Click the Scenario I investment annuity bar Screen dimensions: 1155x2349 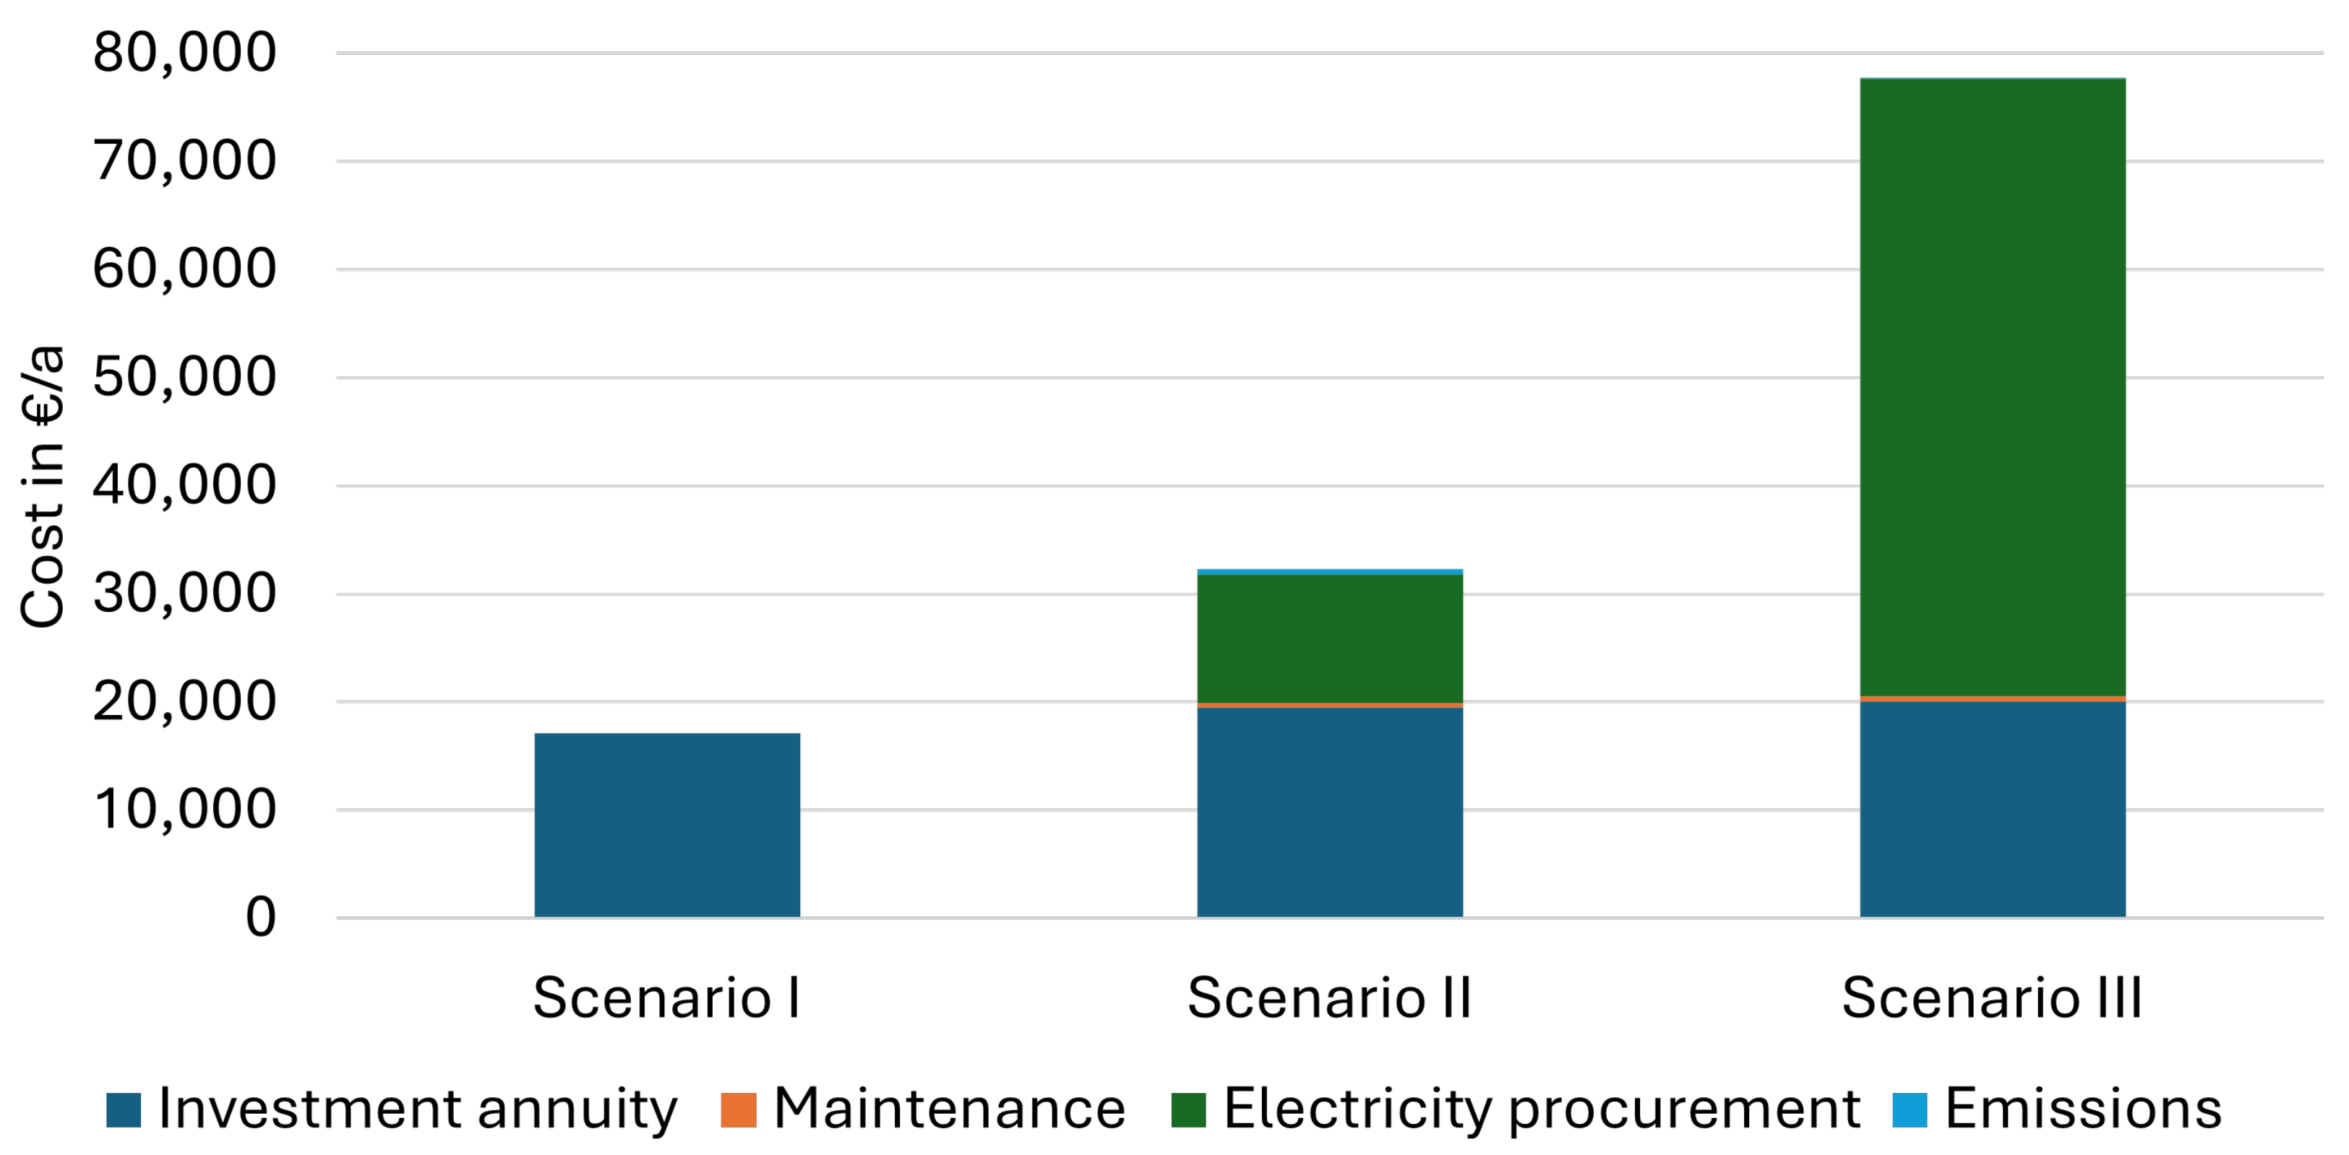tap(666, 824)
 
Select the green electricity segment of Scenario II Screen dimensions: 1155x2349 tap(1329, 638)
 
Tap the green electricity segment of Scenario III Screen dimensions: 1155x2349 tap(1993, 387)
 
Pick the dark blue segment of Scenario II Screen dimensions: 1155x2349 tap(1329, 811)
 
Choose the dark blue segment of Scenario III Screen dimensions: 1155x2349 tap(1993, 808)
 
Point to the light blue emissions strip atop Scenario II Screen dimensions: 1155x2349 tap(1329, 571)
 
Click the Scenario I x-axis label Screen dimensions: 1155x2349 tap(666, 998)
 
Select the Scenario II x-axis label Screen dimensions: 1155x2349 tap(1329, 998)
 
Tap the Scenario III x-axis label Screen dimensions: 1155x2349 tap(1993, 998)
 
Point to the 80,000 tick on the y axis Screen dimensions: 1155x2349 tap(184, 52)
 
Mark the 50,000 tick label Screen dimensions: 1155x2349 tap(184, 376)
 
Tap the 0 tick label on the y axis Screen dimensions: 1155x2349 tap(261, 917)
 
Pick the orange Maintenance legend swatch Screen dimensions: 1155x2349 tap(738, 1109)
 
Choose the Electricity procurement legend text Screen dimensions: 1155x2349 tap(1541, 1109)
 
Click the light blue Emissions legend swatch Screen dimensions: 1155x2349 tap(1910, 1109)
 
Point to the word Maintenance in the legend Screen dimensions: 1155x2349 tap(949, 1109)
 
